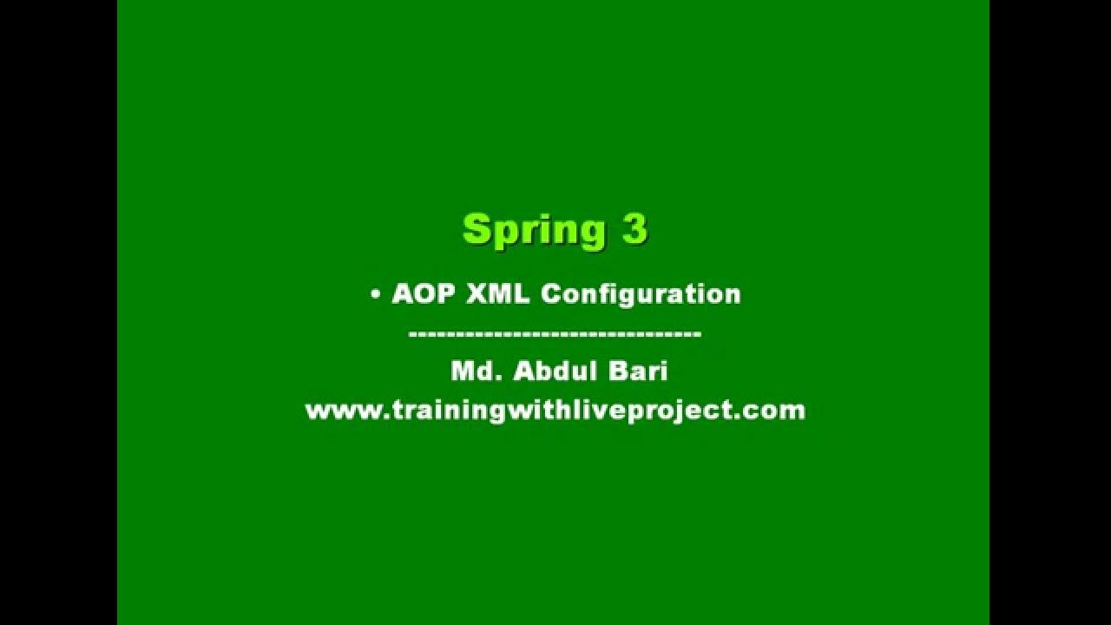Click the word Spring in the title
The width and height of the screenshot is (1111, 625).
click(534, 230)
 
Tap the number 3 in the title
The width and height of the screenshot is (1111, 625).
click(634, 228)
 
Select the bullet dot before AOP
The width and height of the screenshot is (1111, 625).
click(376, 294)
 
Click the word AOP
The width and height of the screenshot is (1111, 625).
click(424, 294)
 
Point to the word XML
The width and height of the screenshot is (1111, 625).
click(498, 294)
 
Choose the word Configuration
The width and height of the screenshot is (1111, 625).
click(641, 294)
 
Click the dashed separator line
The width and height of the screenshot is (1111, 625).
click(555, 333)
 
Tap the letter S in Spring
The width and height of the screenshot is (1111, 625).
click(477, 229)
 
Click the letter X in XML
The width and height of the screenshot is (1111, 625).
click(477, 294)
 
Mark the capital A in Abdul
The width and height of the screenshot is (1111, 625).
click(523, 372)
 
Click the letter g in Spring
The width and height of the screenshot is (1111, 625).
click(591, 233)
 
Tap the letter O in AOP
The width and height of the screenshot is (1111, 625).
click(424, 294)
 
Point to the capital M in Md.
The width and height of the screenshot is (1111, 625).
click(463, 372)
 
